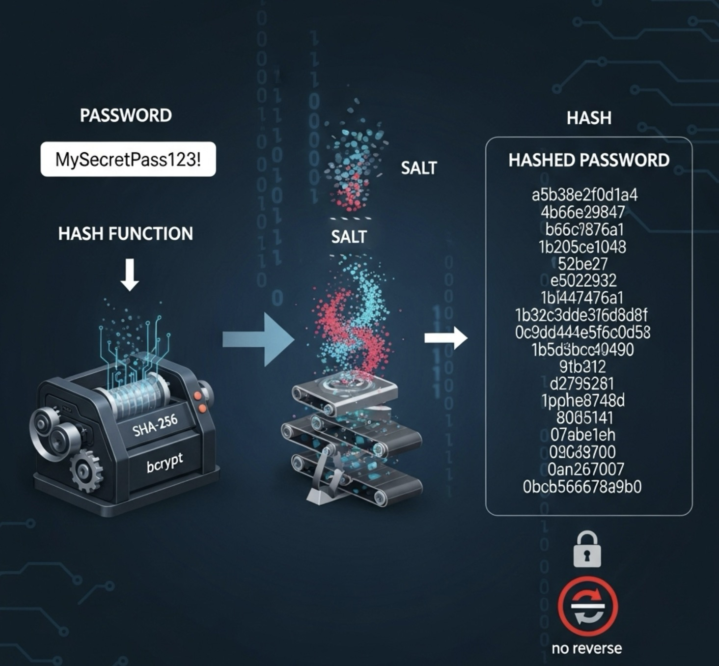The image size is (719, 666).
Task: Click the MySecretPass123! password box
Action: click(128, 159)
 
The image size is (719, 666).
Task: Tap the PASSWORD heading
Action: click(126, 115)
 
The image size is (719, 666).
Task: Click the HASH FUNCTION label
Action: click(126, 234)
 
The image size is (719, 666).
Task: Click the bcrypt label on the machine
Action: click(165, 462)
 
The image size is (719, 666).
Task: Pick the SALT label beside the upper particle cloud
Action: click(418, 168)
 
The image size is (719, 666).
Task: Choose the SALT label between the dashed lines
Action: click(349, 237)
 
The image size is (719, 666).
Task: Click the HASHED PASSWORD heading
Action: click(589, 161)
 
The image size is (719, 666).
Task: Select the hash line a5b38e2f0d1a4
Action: click(584, 195)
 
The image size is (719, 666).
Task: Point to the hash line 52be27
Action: click(583, 264)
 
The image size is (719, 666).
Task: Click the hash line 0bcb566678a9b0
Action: click(582, 487)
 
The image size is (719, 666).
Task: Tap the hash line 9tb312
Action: click(582, 366)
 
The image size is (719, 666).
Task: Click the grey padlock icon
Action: click(587, 549)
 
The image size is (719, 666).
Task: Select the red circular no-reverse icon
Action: click(587, 607)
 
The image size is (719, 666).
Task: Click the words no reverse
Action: click(587, 648)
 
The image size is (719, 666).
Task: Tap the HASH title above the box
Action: click(589, 118)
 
